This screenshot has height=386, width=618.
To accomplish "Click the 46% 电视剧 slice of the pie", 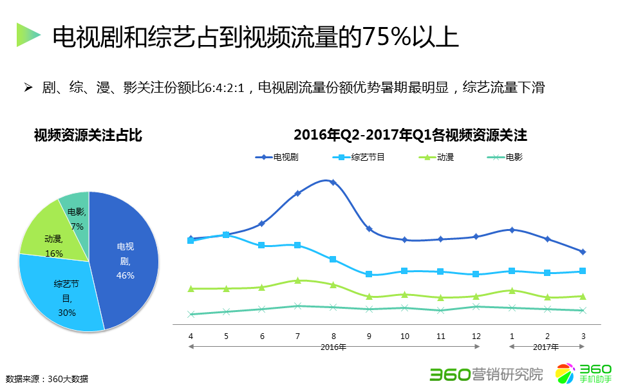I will pyautogui.click(x=126, y=261).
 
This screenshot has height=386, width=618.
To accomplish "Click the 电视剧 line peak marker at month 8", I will pyautogui.click(x=333, y=182).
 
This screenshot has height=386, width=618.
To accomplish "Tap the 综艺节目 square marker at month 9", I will pyautogui.click(x=369, y=274).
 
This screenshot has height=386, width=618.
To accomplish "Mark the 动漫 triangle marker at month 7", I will pyautogui.click(x=297, y=280).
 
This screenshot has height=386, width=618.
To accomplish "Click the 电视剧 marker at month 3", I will pyautogui.click(x=583, y=252).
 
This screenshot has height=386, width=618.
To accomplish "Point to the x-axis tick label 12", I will pyautogui.click(x=476, y=336).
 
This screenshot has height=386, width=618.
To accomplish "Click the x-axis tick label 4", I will pyautogui.click(x=191, y=336).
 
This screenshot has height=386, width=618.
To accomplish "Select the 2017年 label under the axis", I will pyautogui.click(x=546, y=347).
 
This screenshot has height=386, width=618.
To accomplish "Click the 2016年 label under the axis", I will pyautogui.click(x=333, y=347).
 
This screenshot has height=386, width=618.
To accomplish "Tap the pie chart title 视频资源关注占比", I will pyautogui.click(x=88, y=135).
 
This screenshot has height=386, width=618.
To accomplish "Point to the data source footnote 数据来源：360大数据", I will pyautogui.click(x=46, y=378).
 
